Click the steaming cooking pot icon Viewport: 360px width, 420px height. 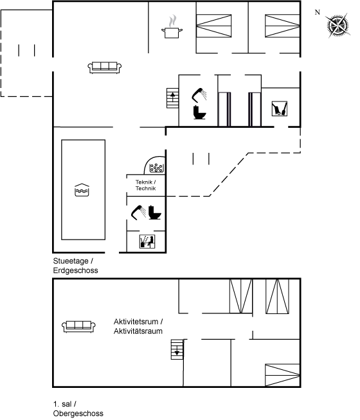172,27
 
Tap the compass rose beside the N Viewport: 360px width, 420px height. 338,26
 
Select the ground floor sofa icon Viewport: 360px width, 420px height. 105,67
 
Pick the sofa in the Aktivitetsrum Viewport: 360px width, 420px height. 78,326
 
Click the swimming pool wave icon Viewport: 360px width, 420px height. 82,190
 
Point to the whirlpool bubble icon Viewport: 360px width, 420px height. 156,168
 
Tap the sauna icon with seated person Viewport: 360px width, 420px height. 147,241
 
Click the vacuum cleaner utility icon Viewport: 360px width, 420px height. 279,109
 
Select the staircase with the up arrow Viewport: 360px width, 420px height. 173,98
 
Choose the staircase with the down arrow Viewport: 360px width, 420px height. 177,349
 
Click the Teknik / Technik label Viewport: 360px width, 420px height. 145,185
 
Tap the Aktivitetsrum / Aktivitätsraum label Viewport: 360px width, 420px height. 138,326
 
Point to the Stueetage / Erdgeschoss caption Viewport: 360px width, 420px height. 75,265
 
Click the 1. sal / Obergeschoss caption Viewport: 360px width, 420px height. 78,408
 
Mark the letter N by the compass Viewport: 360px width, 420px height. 318,12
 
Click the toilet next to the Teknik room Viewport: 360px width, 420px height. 155,213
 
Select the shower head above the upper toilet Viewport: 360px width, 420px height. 199,95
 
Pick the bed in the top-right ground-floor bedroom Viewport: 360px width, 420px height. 282,26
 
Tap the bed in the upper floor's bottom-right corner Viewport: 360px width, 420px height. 282,375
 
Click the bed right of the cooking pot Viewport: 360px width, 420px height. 213,26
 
